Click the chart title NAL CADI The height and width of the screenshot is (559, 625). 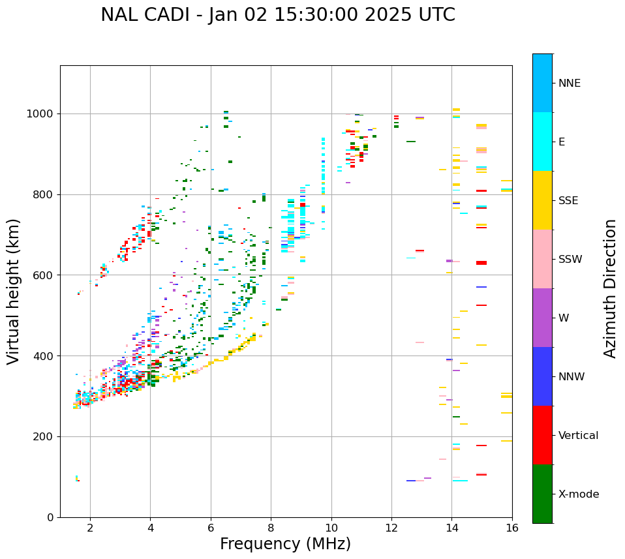point(277,15)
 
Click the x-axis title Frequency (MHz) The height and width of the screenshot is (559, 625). point(285,544)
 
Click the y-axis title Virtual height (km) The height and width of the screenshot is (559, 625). point(14,292)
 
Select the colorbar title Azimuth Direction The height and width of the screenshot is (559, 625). point(610,288)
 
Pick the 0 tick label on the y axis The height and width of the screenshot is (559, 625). point(51,517)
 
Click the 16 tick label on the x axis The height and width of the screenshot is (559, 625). point(511,528)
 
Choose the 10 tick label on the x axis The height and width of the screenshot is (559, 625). point(331,528)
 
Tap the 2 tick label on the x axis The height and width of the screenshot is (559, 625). point(90,528)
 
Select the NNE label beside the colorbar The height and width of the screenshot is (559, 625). point(570,83)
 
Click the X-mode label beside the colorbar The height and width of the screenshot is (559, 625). point(579,494)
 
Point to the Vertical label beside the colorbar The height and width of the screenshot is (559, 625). point(578,436)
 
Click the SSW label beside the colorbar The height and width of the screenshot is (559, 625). point(570,260)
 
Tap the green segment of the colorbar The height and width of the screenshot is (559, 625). point(542,494)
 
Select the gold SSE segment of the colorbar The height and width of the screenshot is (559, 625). point(542,200)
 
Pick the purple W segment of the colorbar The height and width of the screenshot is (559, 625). point(542,318)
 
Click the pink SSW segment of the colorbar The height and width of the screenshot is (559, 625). point(542,259)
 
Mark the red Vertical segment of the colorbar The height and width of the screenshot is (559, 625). point(542,435)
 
